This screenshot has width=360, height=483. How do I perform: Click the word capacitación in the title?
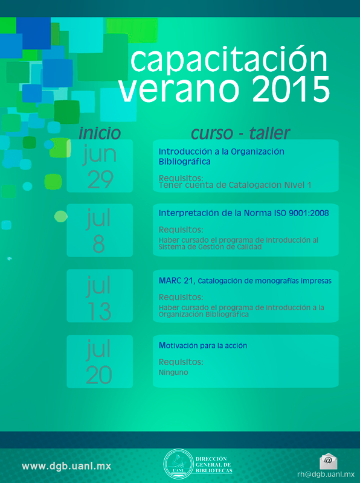229,62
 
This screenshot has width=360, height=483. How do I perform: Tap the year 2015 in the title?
293,89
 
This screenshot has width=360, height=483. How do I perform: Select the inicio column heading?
100,133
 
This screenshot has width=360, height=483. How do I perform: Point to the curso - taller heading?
240,133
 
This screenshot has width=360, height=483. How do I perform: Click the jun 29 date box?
100,165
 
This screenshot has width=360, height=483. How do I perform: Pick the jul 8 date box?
100,230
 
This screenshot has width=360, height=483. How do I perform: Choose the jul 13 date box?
100,296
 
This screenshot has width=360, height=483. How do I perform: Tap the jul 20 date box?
100,361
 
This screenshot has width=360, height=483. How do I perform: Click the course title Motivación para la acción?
203,345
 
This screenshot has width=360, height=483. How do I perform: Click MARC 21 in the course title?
177,281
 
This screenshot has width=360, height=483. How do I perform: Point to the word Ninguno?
173,373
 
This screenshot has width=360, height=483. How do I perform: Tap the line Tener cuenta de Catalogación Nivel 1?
235,185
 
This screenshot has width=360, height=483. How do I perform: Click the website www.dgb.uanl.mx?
66,466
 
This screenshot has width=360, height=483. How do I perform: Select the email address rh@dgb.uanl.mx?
326,475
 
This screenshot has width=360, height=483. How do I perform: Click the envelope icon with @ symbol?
328,461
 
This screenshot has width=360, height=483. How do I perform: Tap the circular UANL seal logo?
178,464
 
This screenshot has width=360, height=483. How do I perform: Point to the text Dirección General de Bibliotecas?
214,465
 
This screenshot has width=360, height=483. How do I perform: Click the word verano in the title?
179,89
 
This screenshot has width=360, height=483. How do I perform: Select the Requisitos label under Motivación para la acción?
181,362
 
